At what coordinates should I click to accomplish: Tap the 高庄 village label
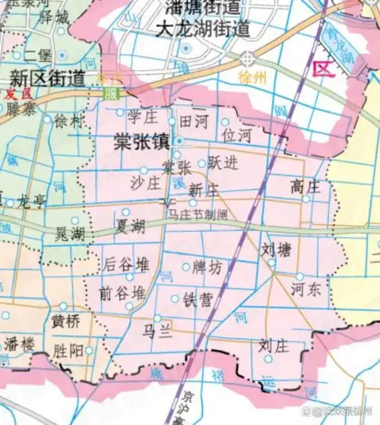point(306,185)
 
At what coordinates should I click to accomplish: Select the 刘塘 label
point(277,249)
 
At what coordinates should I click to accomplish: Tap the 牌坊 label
point(208,268)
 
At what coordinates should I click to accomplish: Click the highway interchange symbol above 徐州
point(248,59)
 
